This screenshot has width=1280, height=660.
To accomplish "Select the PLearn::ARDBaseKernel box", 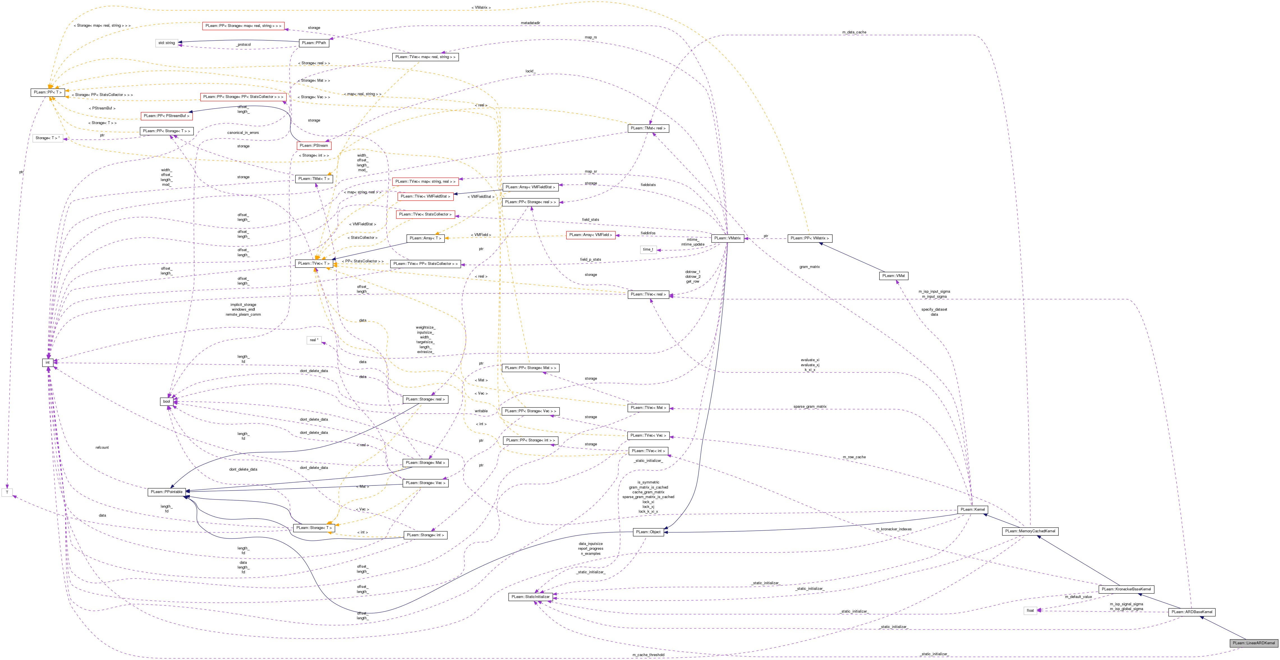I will (x=1192, y=612).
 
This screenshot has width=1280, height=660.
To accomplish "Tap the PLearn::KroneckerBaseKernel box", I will (x=1126, y=589).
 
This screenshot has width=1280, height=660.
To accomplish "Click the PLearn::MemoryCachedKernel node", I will (x=1030, y=531).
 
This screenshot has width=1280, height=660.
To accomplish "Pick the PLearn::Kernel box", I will (x=973, y=509).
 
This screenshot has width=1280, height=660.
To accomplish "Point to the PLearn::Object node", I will (x=649, y=532).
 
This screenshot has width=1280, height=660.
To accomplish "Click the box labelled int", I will (x=48, y=362).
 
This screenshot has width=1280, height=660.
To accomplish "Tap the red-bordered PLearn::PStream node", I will (x=314, y=146).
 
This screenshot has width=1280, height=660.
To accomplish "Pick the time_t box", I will (x=648, y=249).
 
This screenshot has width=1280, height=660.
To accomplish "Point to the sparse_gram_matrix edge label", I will (x=810, y=407).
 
